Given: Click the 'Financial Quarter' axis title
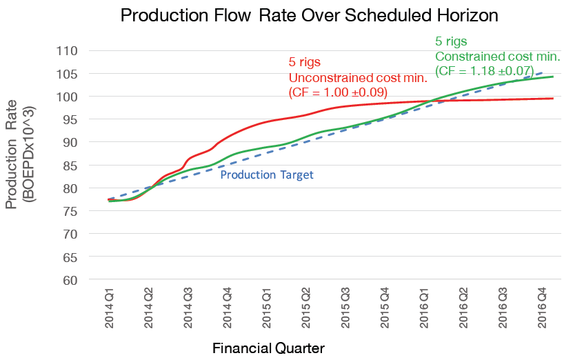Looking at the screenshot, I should pos(268,348).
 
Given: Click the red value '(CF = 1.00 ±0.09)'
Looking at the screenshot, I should pos(336,91).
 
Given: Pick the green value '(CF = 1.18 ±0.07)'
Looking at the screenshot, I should pos(484,70).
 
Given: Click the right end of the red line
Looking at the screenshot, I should pos(554,99).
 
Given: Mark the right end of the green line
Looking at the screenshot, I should pos(554,77).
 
